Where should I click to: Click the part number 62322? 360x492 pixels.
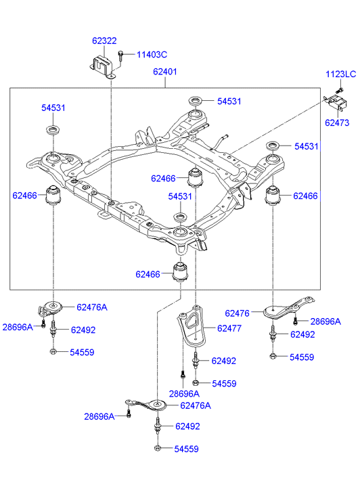click(104, 41)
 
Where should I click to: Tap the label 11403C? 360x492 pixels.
click(152, 55)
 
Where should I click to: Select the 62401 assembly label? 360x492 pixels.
click(165, 72)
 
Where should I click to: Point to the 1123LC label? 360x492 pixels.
click(341, 74)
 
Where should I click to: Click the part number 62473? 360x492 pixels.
click(337, 122)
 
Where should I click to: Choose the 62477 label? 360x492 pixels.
click(229, 328)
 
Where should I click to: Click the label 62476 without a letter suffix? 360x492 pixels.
click(237, 313)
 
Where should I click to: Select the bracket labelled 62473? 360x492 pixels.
click(336, 102)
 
